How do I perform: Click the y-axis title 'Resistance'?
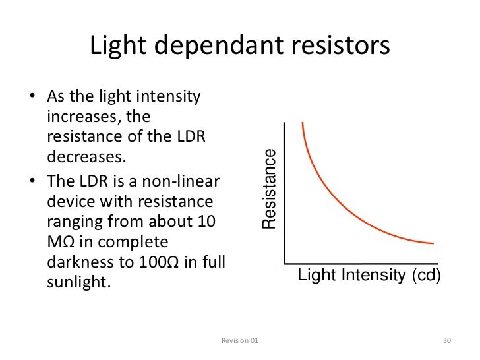coord(269,190)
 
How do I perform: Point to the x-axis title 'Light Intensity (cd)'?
coord(369,275)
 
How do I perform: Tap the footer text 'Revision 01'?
coord(239,340)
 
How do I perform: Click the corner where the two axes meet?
coord(284,262)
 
